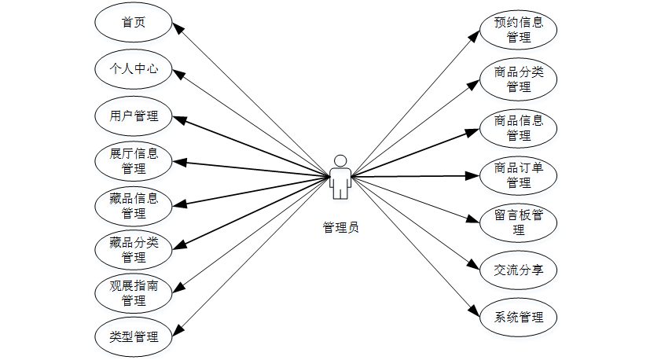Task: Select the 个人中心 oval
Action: coord(134,69)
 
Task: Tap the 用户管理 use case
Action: coord(134,116)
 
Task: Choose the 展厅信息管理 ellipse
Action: coord(134,161)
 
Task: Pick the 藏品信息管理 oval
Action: coord(134,205)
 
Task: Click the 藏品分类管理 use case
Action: coord(134,250)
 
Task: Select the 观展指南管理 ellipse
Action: coord(134,293)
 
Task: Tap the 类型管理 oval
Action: coord(134,337)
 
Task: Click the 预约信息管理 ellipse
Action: coord(519,29)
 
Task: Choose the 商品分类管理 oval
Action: coord(519,79)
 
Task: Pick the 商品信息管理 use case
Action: coord(519,128)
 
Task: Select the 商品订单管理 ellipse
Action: coord(519,174)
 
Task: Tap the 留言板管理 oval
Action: coord(519,222)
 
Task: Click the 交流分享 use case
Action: coord(519,270)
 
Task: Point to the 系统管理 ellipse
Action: coord(519,318)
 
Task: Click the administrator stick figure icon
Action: coord(340,177)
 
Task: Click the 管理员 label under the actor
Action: coord(340,228)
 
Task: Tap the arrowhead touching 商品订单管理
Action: coord(474,175)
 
